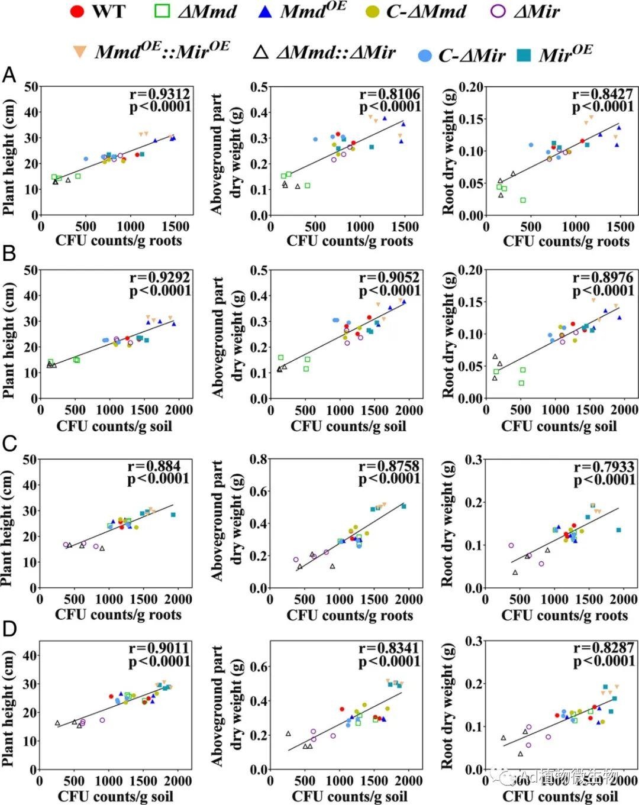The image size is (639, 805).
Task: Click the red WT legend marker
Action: [x=77, y=11]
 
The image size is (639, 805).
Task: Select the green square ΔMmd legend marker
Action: [x=162, y=11]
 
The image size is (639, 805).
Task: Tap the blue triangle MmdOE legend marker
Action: [x=265, y=11]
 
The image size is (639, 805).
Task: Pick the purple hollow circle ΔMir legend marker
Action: [x=499, y=11]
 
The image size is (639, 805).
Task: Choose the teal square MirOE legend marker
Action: [x=523, y=56]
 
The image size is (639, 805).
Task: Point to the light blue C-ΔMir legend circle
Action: [x=425, y=56]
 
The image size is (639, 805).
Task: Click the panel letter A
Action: [x=9, y=76]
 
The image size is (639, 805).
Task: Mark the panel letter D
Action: [x=9, y=629]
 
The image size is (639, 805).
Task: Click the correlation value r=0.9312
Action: [x=160, y=94]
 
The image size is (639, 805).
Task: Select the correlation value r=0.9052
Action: [x=390, y=277]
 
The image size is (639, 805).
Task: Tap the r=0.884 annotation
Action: [x=154, y=466]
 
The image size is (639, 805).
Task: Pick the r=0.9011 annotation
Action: [x=159, y=648]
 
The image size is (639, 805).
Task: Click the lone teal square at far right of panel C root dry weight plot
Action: [x=618, y=530]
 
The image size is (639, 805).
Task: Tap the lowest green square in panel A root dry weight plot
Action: [x=523, y=201]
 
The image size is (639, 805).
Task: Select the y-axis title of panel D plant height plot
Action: [x=8, y=709]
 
